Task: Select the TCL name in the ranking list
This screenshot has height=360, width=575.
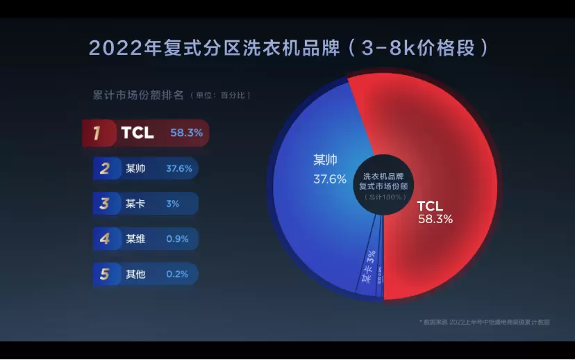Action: [x=137, y=133]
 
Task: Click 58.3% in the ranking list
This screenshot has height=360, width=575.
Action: [x=186, y=133]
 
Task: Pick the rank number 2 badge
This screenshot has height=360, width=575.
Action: [x=105, y=169]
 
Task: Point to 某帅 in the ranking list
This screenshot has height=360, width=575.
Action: [x=135, y=169]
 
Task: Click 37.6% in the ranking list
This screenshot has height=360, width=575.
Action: [x=179, y=169]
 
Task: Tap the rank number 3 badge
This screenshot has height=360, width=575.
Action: [x=105, y=204]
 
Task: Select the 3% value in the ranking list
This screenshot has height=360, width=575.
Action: [x=172, y=204]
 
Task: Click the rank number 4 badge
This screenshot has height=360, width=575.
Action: [x=105, y=239]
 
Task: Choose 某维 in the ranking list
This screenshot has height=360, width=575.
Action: [x=135, y=239]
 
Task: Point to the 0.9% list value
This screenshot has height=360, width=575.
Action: [x=177, y=239]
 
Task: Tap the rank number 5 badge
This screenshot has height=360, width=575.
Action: [x=105, y=274]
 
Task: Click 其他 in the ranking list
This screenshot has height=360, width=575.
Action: [x=135, y=274]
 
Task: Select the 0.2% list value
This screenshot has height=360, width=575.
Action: [x=177, y=274]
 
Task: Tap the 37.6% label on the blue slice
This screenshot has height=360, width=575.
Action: [x=329, y=179]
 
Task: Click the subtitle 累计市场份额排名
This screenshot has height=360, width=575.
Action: [x=138, y=95]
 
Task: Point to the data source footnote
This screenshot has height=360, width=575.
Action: [x=484, y=322]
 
